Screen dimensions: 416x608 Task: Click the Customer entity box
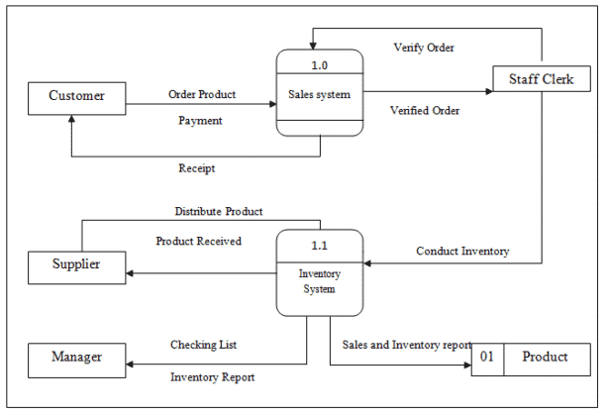point(77,97)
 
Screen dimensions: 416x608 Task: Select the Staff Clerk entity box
point(541,79)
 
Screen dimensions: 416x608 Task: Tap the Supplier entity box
point(76,265)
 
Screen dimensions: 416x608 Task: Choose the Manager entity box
point(76,357)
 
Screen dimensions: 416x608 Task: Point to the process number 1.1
point(319,243)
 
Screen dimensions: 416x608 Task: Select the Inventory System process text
point(319,281)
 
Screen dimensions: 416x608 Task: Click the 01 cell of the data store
point(487,357)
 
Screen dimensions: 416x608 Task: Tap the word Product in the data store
point(545,357)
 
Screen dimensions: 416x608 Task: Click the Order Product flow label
point(202,95)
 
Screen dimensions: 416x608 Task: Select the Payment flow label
point(200,120)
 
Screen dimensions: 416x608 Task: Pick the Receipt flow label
point(197,168)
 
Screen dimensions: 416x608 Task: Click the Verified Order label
point(425,110)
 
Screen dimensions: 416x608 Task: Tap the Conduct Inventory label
point(462,252)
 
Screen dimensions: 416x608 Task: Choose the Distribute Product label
point(219,211)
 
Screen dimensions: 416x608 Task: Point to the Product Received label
point(199,241)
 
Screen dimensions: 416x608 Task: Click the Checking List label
point(203,345)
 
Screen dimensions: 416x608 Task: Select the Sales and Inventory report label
point(407,345)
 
